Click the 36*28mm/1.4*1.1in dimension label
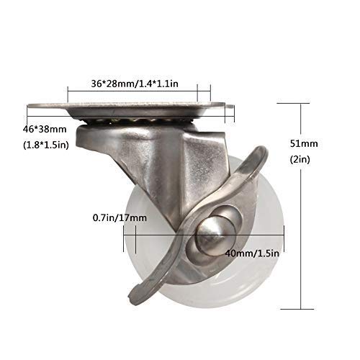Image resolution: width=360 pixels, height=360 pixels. pyautogui.click(x=135, y=84)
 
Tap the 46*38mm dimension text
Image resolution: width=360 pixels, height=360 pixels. pyautogui.click(x=45, y=130)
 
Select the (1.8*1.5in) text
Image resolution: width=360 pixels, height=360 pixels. pyautogui.click(x=46, y=145)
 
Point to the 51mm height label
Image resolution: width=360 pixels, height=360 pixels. pyautogui.click(x=304, y=143)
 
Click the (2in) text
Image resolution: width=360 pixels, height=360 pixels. pyautogui.click(x=300, y=159)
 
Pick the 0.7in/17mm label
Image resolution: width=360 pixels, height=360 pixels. pyautogui.click(x=120, y=217)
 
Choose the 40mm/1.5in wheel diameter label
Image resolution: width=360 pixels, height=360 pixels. pyautogui.click(x=252, y=253)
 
